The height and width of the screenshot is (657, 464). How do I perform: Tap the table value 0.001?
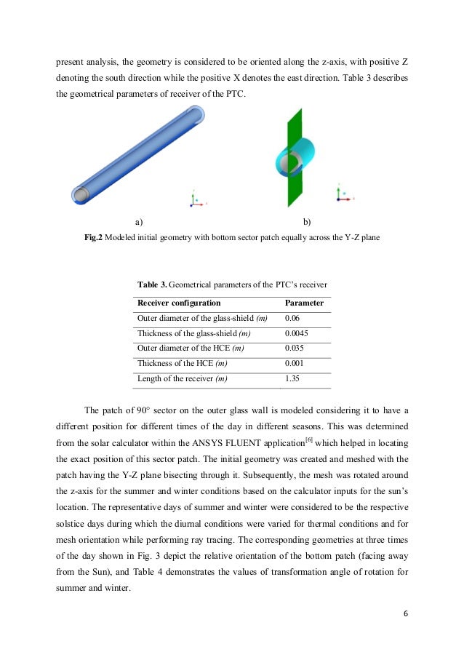295,364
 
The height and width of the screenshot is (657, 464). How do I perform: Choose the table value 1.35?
292,378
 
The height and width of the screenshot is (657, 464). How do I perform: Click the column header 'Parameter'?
304,303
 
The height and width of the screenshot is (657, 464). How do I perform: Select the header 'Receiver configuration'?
179,303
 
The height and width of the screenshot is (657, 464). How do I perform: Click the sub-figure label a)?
138,221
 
